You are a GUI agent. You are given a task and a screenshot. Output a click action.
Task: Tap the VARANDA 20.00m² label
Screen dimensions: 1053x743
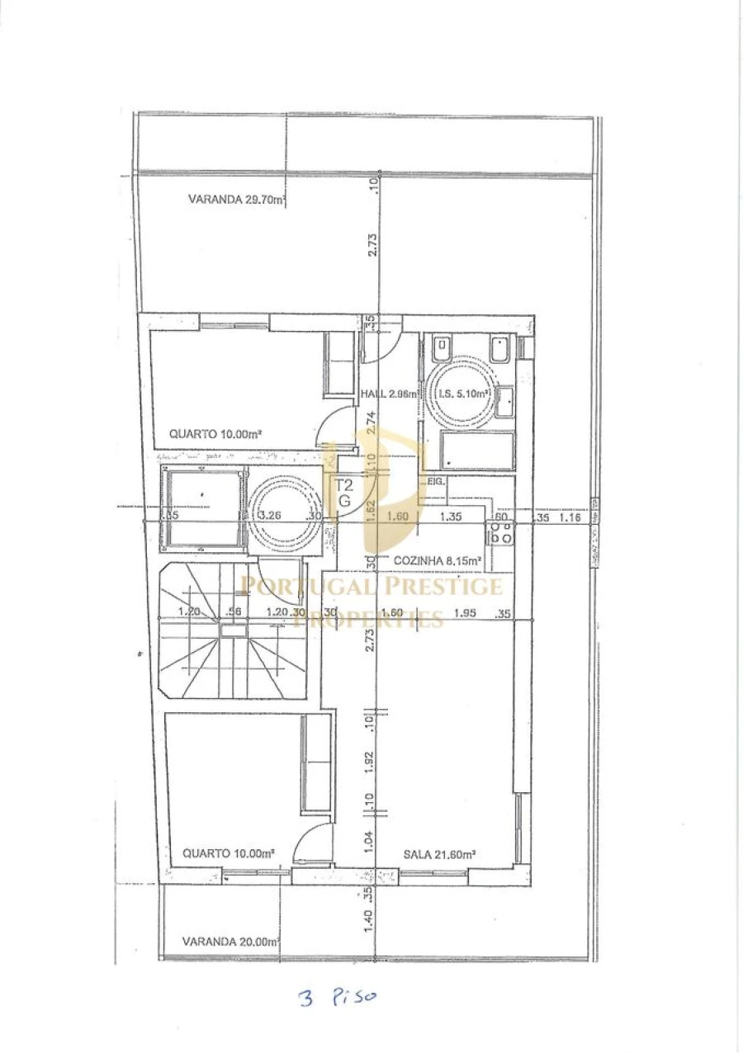[231, 941]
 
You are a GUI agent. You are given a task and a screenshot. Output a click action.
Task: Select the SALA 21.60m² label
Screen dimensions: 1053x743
[438, 854]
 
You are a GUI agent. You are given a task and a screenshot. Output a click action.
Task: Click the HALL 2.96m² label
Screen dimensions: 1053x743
[387, 394]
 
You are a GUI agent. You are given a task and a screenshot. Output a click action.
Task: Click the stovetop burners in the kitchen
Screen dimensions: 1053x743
[501, 533]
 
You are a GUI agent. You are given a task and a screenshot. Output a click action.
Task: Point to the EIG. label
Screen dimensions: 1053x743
[435, 481]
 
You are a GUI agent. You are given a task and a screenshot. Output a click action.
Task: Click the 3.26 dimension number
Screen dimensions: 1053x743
[270, 516]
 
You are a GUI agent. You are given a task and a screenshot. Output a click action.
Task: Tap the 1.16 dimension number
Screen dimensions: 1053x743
[570, 518]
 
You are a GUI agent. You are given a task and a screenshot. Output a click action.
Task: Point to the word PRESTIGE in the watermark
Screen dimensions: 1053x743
[443, 587]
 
